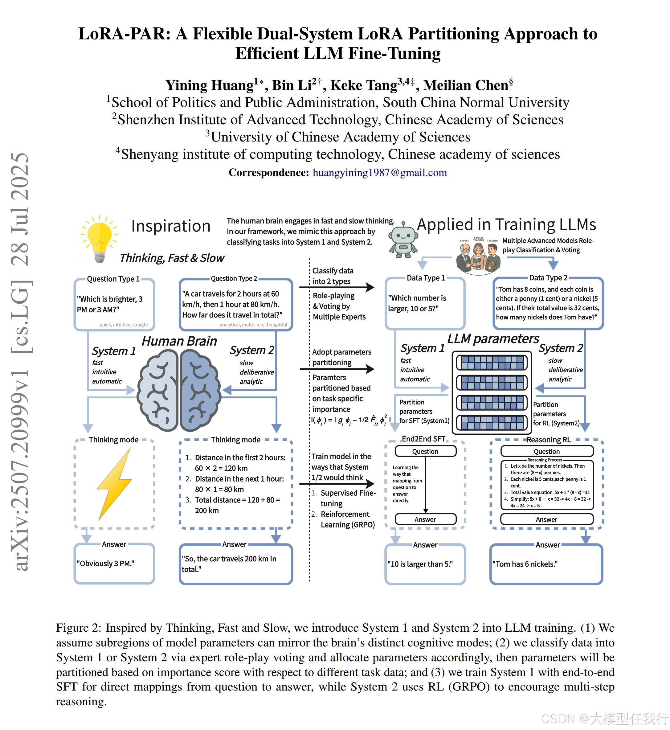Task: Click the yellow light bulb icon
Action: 99,238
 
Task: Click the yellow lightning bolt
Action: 115,484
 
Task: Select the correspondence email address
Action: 380,172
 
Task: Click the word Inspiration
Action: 171,226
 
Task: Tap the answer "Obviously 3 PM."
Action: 105,563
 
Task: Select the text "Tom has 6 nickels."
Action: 525,564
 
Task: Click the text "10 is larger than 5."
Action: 420,564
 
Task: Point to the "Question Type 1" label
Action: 113,279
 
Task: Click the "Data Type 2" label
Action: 548,278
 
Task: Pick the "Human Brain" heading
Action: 179,341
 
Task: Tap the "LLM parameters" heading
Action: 493,338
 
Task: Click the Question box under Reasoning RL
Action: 547,451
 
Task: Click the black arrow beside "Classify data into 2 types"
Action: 337,287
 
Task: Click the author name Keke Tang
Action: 364,85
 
